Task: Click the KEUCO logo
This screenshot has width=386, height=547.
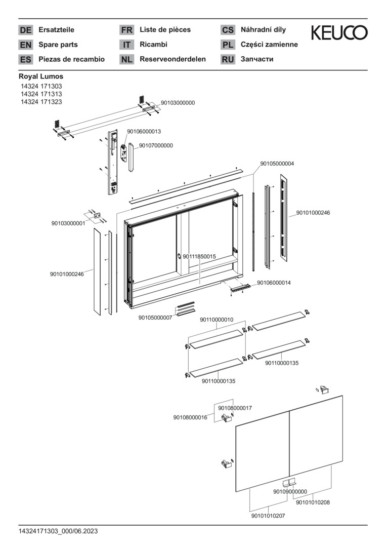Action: pos(339,33)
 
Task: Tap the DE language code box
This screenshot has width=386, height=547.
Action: pos(25,30)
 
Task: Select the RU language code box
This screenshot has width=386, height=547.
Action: pos(228,59)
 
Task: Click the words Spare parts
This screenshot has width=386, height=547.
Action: pos(58,45)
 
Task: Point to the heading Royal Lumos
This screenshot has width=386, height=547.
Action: pos(41,76)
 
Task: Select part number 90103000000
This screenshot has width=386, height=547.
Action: pos(178,103)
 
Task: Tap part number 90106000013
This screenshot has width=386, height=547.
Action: pos(144,131)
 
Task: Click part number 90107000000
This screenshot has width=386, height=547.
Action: pos(156,145)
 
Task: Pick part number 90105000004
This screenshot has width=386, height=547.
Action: pos(277,164)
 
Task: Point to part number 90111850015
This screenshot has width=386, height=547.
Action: pos(199,257)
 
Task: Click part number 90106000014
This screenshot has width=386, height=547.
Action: pos(274,283)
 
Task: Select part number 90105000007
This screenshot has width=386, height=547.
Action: pos(155,318)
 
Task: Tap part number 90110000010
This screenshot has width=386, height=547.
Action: pos(217,320)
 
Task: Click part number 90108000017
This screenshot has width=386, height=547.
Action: pos(235,408)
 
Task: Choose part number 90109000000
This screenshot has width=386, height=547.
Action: pos(290,491)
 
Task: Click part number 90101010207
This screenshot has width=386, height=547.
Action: pos(268,516)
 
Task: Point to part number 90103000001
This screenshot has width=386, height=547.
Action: pos(68,223)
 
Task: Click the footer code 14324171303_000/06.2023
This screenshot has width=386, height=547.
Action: pos(58,531)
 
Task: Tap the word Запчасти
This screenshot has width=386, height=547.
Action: pos(257,59)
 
